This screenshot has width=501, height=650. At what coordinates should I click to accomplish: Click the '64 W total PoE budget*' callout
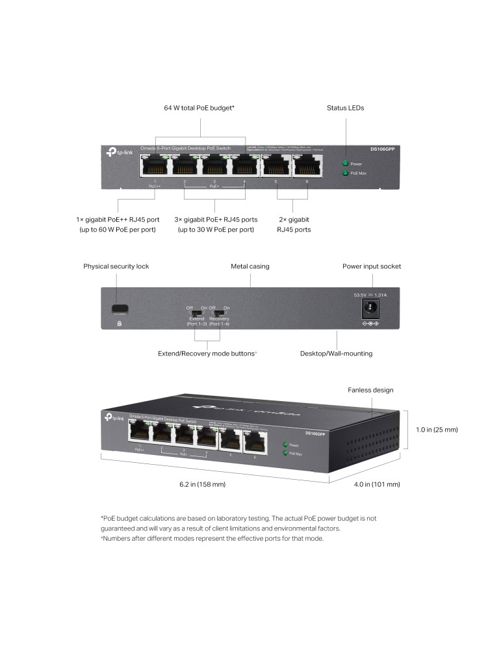pyautogui.click(x=199, y=108)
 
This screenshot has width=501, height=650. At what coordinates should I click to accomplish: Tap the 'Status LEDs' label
pyautogui.click(x=345, y=108)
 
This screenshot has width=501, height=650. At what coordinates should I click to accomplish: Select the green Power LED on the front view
pyautogui.click(x=345, y=163)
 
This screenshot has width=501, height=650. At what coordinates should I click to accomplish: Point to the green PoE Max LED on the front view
pyautogui.click(x=345, y=174)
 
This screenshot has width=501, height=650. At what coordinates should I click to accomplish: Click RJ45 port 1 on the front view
pyautogui.click(x=154, y=167)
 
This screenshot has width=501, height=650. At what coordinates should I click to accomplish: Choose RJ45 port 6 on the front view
pyautogui.click(x=307, y=167)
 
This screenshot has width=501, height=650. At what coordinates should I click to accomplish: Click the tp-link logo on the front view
pyautogui.click(x=119, y=152)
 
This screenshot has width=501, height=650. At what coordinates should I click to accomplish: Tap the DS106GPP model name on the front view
pyautogui.click(x=382, y=149)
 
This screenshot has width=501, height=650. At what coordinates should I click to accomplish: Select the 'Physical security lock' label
pyautogui.click(x=116, y=266)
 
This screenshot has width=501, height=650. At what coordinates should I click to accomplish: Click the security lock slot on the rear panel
pyautogui.click(x=119, y=308)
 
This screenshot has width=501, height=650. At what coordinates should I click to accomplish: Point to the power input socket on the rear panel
pyautogui.click(x=370, y=309)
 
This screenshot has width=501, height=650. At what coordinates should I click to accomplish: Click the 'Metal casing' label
pyautogui.click(x=250, y=266)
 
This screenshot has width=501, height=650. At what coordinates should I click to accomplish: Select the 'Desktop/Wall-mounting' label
pyautogui.click(x=336, y=354)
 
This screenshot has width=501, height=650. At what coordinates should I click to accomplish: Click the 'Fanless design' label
pyautogui.click(x=371, y=390)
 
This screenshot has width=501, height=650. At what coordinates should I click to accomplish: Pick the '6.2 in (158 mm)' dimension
pyautogui.click(x=202, y=484)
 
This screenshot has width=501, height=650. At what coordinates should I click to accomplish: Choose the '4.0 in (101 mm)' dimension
pyautogui.click(x=376, y=484)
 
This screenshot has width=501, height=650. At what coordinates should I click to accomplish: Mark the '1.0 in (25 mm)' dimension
pyautogui.click(x=437, y=430)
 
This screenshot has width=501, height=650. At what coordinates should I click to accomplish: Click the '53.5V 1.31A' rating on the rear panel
pyautogui.click(x=370, y=295)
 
